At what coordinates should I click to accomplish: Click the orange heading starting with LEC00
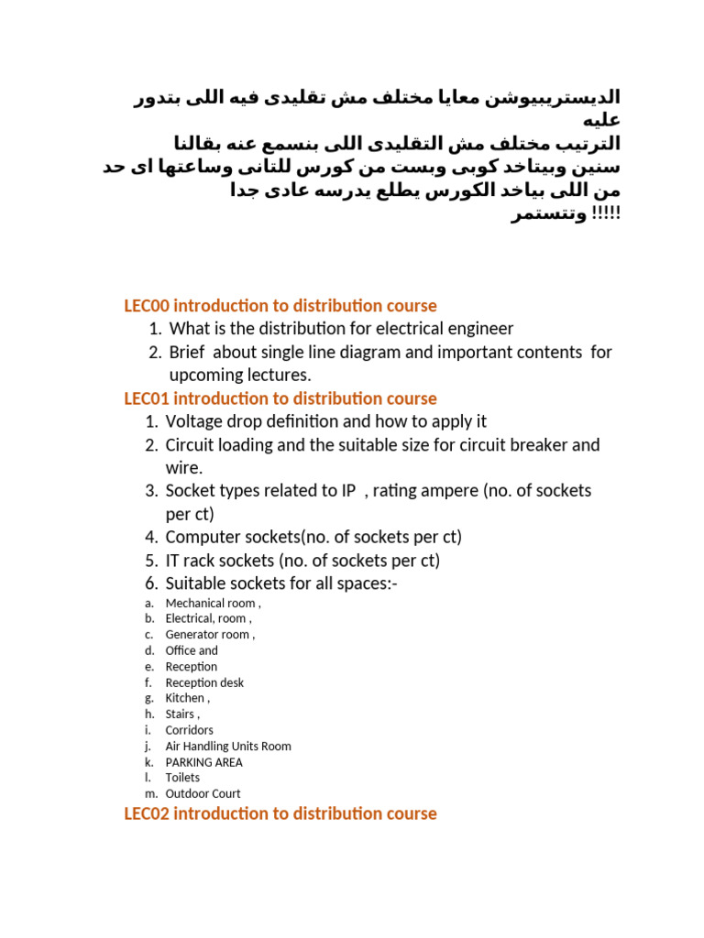pos(280,306)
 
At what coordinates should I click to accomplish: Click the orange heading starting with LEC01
pos(280,398)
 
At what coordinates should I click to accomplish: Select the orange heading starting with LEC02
pos(280,813)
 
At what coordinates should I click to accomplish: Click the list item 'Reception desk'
pos(204,682)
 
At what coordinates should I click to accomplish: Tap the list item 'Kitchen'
pos(186,698)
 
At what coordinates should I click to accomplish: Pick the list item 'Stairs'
pos(181,714)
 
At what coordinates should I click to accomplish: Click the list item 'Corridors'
pos(189,730)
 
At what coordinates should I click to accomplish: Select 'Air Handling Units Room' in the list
pos(228,747)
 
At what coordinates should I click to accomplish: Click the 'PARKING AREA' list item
pos(203,762)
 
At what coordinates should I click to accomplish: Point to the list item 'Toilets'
pos(182,778)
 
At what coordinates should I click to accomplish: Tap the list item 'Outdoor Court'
pos(203,793)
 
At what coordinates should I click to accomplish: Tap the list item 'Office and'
pos(192,650)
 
